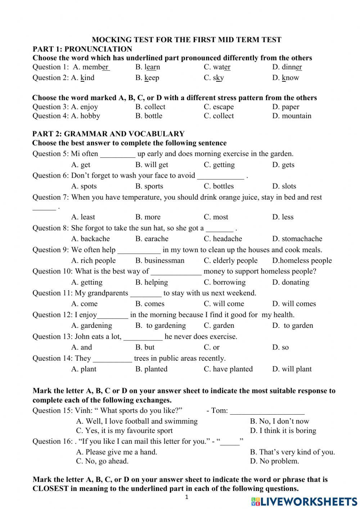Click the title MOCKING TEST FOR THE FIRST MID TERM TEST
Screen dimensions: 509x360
(x=186, y=40)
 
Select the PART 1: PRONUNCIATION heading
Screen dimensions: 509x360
(x=82, y=49)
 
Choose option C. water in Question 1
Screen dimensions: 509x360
(x=217, y=67)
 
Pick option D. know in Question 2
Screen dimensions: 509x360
(x=285, y=78)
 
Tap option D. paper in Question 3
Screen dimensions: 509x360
(x=285, y=107)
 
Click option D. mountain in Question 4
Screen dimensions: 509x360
(x=292, y=116)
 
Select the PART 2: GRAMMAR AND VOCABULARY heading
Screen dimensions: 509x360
(x=108, y=134)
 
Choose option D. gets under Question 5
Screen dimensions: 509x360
(x=283, y=165)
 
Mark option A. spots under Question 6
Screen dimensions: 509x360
(x=84, y=187)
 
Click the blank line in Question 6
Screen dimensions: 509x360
(x=221, y=177)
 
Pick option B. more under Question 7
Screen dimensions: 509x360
(x=148, y=217)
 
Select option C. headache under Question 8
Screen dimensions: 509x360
(x=223, y=239)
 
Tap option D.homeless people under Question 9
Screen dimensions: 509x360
(x=302, y=261)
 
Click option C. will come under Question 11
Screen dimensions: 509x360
(x=224, y=304)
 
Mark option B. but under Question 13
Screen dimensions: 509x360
(x=145, y=348)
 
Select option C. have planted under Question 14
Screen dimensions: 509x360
(x=228, y=369)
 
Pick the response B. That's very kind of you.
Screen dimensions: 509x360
(x=292, y=452)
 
